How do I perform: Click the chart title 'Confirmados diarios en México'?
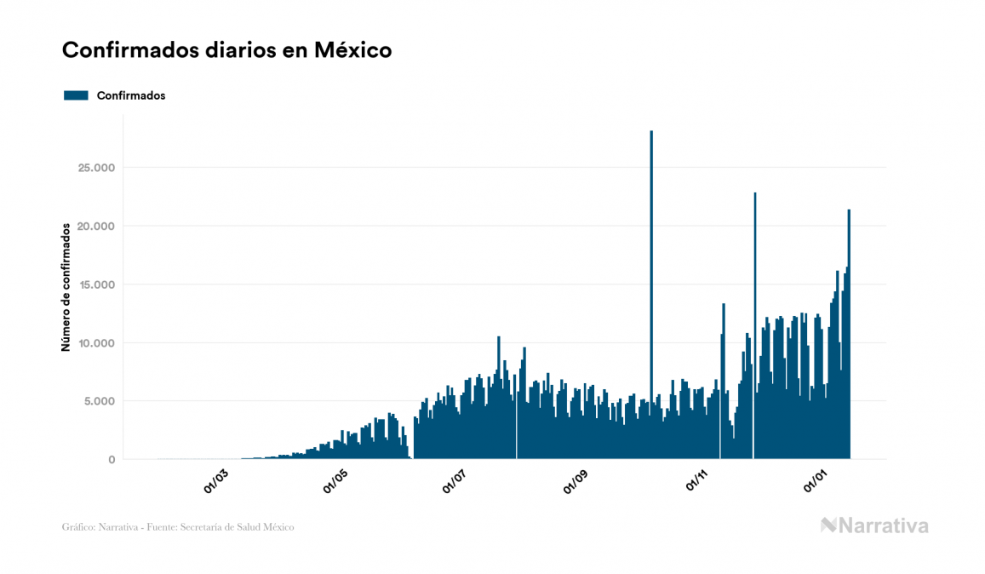[x=226, y=50]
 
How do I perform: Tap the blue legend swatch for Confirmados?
[x=77, y=95]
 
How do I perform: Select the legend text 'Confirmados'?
[x=131, y=95]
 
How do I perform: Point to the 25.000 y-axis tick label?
[x=95, y=168]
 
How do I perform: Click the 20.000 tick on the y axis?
[x=95, y=227]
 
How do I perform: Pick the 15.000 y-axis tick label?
[x=95, y=284]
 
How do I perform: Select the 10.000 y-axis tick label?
[x=95, y=343]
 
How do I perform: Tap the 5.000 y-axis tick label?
[x=99, y=401]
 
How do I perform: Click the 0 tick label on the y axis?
[x=111, y=460]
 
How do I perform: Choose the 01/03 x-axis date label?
[x=216, y=481]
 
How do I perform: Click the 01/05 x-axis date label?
[x=336, y=481]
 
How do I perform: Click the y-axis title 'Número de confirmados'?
[x=66, y=287]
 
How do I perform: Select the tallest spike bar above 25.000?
[x=651, y=255]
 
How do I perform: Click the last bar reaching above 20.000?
[x=849, y=332]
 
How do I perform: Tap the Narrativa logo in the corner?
[x=874, y=525]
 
